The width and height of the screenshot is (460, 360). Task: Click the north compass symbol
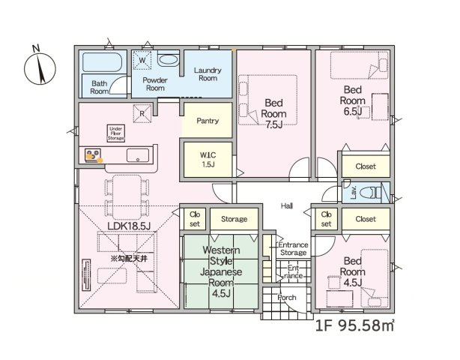tap(40, 67)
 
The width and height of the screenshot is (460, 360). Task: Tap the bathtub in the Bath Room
tap(102, 62)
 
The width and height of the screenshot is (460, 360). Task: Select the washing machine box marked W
tap(142, 60)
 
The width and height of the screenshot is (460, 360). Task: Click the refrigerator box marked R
tap(142, 114)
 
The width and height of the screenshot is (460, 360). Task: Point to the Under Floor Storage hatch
tap(116, 133)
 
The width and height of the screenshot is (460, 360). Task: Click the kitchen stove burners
tap(93, 154)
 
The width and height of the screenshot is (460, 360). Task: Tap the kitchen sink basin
tap(138, 155)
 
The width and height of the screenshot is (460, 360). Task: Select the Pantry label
tap(208, 121)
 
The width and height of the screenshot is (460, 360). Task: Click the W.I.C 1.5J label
tap(208, 160)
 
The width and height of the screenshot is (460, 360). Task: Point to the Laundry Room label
tap(208, 74)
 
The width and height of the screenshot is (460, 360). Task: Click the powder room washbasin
tap(169, 60)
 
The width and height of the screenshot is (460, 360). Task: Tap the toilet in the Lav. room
tap(370, 193)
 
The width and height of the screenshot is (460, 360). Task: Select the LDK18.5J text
tap(129, 226)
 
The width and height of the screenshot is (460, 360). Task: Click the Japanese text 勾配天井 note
tap(129, 259)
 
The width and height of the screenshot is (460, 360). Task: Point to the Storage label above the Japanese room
tap(234, 219)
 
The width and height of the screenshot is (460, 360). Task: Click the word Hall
tap(287, 205)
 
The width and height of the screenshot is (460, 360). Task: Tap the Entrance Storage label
tap(293, 249)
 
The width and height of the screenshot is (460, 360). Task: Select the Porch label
tap(287, 298)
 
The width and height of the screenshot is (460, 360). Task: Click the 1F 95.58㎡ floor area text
tap(354, 325)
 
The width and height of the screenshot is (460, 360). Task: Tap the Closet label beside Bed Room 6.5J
tap(366, 166)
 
